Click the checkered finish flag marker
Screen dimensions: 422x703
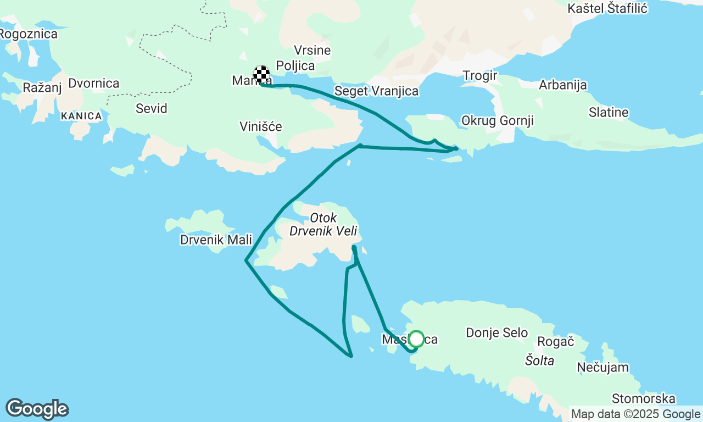(261, 74)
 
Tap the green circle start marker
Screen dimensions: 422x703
(416, 339)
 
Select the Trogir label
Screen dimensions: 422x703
(479, 75)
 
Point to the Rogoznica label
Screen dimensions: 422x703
(29, 34)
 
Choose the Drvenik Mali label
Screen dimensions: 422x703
(216, 240)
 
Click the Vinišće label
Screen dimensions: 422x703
(261, 127)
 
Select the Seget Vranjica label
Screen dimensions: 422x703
(376, 91)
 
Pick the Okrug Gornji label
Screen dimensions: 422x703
(498, 120)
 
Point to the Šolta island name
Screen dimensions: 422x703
(539, 360)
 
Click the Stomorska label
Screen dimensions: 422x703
(643, 398)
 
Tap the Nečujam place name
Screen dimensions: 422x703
(603, 367)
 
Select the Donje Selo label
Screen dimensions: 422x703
(496, 332)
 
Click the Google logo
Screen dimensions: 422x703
(37, 409)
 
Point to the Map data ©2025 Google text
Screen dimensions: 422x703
(635, 414)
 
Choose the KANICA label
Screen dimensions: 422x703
(81, 116)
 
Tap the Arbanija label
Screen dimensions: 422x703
(562, 85)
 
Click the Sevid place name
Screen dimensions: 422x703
(151, 108)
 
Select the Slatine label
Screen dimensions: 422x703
(608, 113)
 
